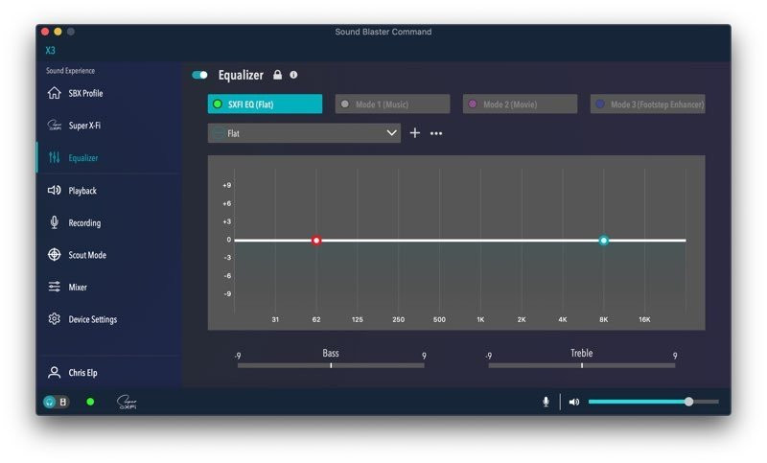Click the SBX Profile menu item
point(84,94)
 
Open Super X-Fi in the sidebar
point(83,126)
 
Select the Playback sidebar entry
point(81,191)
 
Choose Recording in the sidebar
point(83,223)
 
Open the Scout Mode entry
point(86,255)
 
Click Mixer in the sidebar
point(77,288)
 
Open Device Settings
point(91,319)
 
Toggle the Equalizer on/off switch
point(200,75)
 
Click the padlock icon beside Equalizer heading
point(277,75)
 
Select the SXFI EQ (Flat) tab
point(265,104)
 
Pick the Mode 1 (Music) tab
point(392,104)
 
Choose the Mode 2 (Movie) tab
point(520,104)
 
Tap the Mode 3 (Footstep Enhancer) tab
point(648,104)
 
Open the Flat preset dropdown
point(304,133)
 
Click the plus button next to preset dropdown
point(415,133)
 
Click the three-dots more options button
point(436,133)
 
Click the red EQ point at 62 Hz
point(316,241)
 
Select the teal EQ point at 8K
point(604,241)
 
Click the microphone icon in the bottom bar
point(546,402)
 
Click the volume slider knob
point(688,402)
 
